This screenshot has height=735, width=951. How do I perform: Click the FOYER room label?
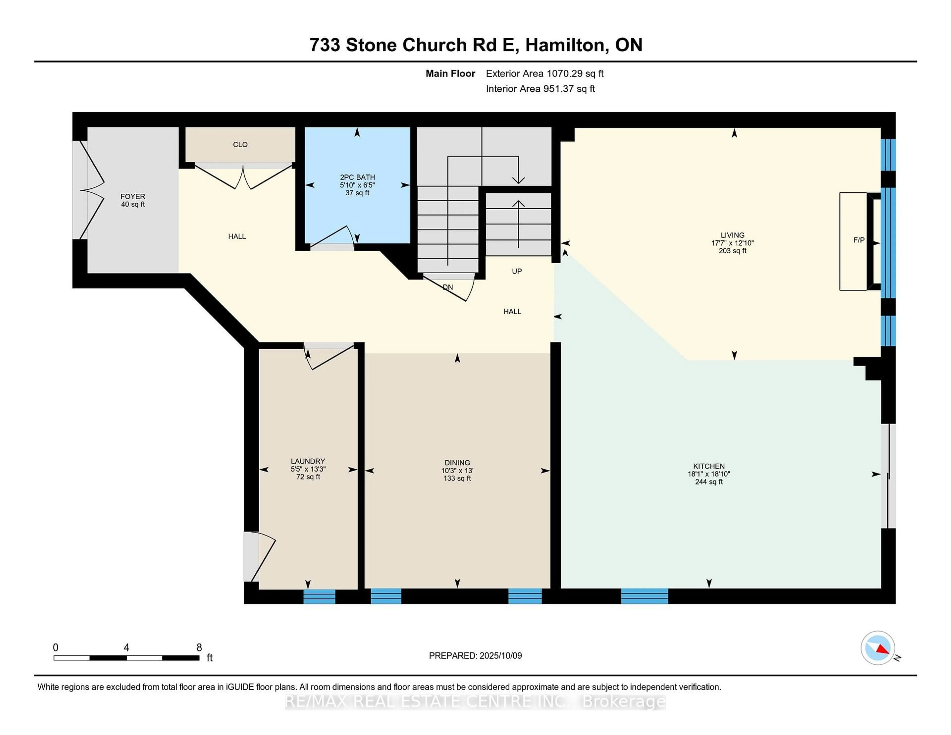click(133, 196)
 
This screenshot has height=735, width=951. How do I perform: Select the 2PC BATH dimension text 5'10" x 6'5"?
click(357, 185)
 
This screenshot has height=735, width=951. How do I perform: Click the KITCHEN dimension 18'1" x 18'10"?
click(709, 474)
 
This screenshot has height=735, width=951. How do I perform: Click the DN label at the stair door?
click(448, 287)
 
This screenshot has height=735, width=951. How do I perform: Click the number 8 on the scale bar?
click(199, 648)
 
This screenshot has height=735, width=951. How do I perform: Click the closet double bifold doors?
click(243, 179)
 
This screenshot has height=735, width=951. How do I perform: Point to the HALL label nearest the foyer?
click(237, 236)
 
